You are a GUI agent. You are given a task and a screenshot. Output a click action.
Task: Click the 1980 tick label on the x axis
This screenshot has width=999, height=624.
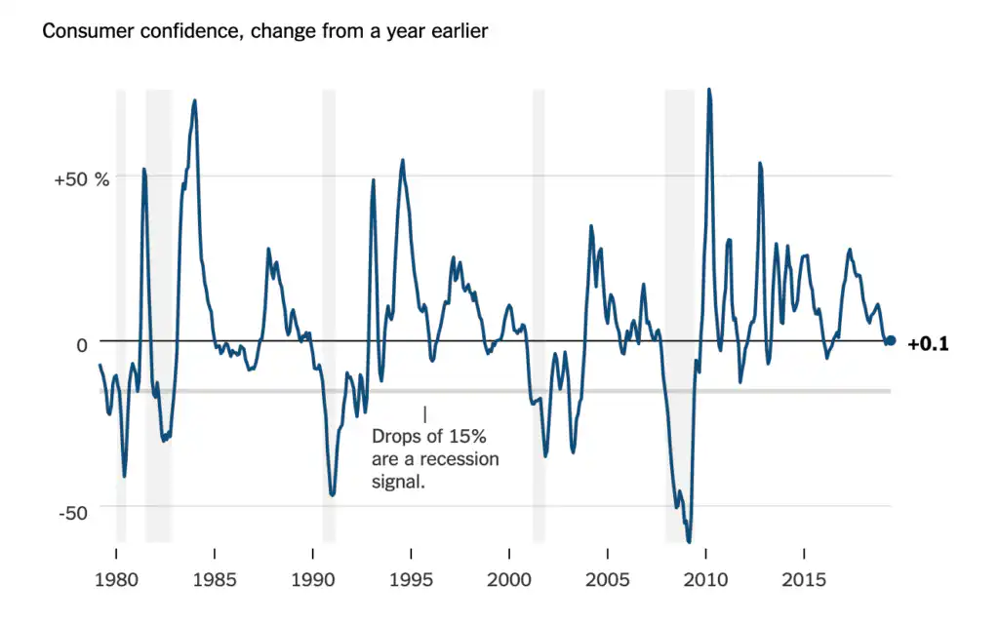click(116, 579)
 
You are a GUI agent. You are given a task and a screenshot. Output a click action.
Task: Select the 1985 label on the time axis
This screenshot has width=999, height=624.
click(214, 579)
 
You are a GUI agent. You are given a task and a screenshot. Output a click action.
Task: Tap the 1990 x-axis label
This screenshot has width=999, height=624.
click(312, 579)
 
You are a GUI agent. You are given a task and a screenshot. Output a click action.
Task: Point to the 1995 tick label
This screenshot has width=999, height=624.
click(411, 579)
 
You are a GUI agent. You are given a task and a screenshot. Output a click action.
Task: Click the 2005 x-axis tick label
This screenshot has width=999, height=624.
click(607, 579)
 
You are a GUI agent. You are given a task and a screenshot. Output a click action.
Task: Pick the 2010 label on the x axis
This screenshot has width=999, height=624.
click(704, 579)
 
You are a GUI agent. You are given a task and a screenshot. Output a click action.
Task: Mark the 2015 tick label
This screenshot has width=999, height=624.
click(803, 579)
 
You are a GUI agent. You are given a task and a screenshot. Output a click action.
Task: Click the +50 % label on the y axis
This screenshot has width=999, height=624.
click(82, 179)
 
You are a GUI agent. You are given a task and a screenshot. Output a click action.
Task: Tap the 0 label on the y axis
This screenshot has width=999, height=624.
click(82, 344)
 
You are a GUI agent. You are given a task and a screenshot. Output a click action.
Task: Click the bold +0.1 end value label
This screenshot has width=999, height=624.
click(928, 343)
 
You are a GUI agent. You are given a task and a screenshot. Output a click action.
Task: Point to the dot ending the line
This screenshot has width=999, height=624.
click(891, 341)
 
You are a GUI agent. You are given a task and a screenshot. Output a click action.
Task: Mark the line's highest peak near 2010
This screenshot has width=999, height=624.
click(708, 90)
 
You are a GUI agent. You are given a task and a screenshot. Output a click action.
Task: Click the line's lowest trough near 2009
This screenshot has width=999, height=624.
click(689, 541)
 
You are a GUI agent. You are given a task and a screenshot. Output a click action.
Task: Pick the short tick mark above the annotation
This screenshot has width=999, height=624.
click(424, 414)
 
